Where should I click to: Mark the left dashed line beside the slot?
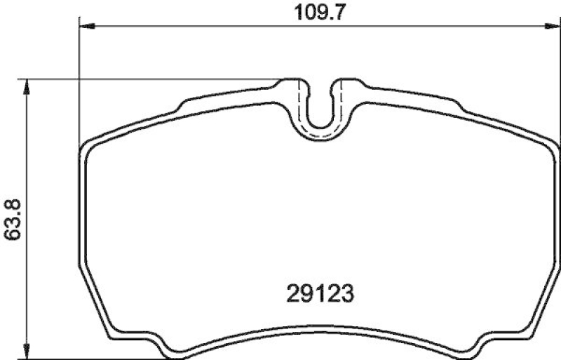(304, 105)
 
